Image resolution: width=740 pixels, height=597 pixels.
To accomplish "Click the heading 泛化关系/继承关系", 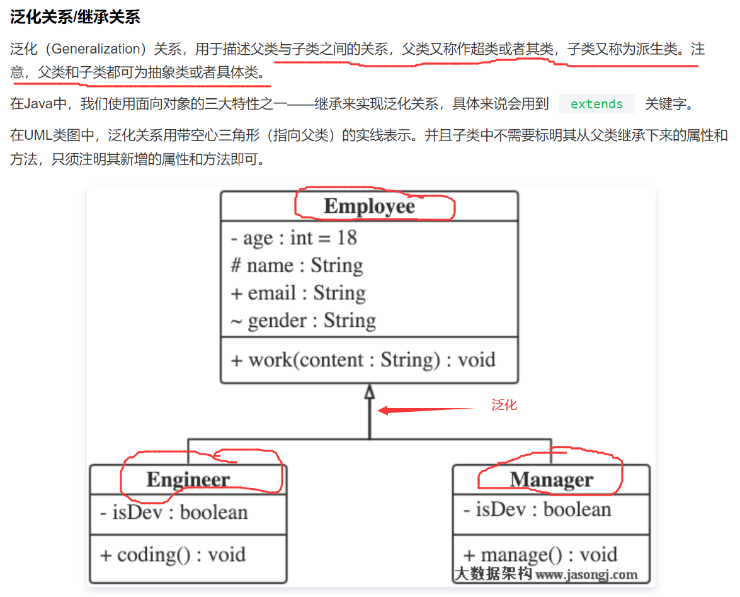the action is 75,17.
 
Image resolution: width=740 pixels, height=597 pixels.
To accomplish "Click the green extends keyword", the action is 596,104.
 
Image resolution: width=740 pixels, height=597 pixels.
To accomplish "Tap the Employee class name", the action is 370,206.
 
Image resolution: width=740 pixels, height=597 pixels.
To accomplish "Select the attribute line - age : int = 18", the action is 293,237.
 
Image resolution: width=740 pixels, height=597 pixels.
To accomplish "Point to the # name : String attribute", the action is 297,265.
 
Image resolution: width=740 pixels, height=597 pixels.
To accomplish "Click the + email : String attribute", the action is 298,293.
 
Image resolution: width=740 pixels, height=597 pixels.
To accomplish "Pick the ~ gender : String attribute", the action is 303,321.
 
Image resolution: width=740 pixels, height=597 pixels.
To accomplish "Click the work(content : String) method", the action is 363,360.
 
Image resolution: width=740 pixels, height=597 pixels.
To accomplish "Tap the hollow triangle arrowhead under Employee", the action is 370,392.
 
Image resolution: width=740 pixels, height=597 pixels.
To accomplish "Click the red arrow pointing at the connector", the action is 425,410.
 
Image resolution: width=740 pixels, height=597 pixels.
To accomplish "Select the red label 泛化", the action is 504,405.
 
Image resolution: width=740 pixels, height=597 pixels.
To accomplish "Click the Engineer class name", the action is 188,479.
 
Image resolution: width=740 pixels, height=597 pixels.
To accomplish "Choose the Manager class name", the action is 551,479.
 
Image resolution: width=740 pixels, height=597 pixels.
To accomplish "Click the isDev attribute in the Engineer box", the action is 174,512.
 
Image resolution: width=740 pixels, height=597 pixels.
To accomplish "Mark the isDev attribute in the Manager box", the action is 537,509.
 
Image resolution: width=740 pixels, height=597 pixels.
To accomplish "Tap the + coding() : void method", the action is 173,555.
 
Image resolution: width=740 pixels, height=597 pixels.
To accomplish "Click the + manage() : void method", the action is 540,555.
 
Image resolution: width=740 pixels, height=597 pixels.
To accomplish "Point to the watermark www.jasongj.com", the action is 586,574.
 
